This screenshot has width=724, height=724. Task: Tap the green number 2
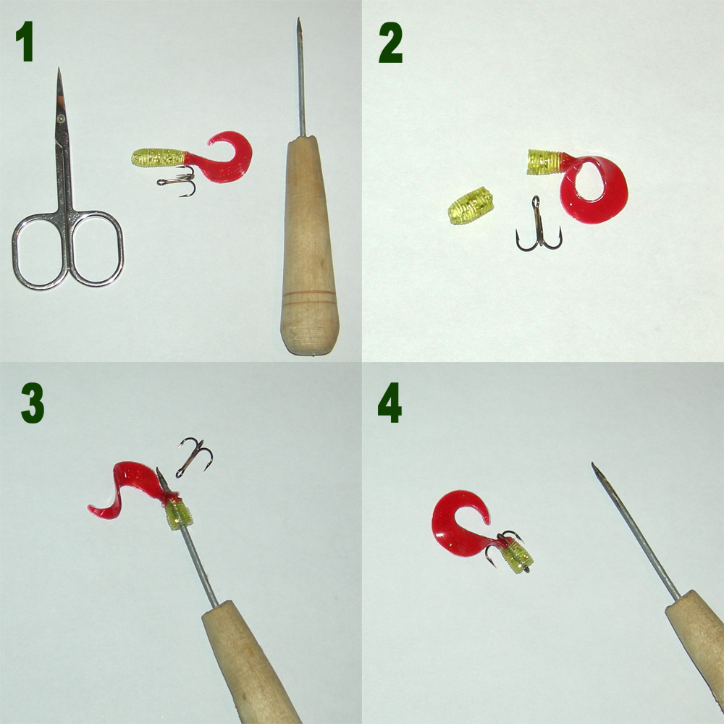[391, 43]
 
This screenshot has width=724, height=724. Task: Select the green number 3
[33, 403]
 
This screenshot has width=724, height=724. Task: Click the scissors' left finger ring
[17, 252]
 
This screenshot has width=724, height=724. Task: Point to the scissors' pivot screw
[61, 119]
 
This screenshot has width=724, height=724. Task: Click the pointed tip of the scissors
[59, 69]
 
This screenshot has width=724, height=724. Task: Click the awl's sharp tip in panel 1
[298, 19]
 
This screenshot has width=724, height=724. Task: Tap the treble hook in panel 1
[178, 181]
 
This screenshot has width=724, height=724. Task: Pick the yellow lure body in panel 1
[159, 157]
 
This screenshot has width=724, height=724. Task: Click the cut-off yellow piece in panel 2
[470, 206]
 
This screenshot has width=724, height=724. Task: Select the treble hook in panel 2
[538, 225]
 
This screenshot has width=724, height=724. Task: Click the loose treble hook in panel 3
[193, 457]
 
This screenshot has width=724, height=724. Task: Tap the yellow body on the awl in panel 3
[179, 515]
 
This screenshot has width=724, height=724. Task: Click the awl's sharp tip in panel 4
[594, 463]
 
